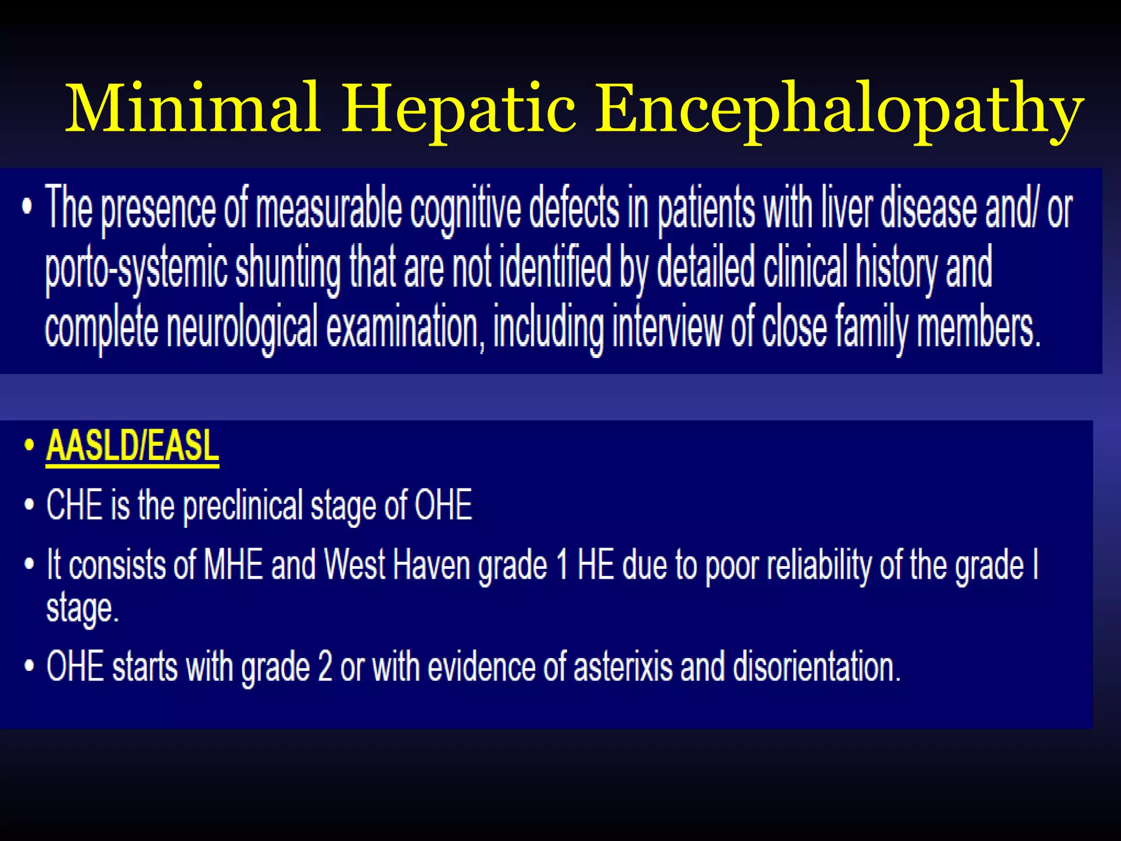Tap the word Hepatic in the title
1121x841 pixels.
pos(459,108)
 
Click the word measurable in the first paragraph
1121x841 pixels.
pos(329,209)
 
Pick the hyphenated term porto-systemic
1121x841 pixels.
pos(136,268)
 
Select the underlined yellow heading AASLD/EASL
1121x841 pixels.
pos(132,446)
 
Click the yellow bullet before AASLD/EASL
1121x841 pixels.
pos(30,445)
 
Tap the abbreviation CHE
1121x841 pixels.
pos(74,505)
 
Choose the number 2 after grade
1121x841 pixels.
pos(325,667)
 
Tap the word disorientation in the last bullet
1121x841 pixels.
pos(816,667)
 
